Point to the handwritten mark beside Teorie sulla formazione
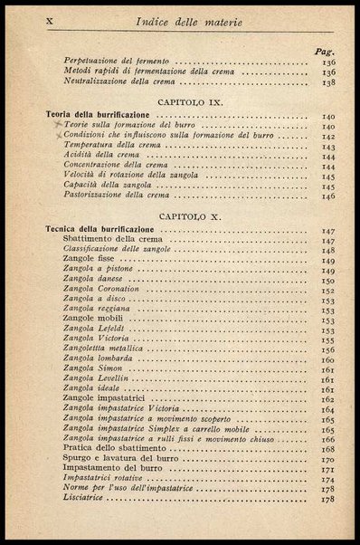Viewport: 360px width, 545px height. point(57,126)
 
